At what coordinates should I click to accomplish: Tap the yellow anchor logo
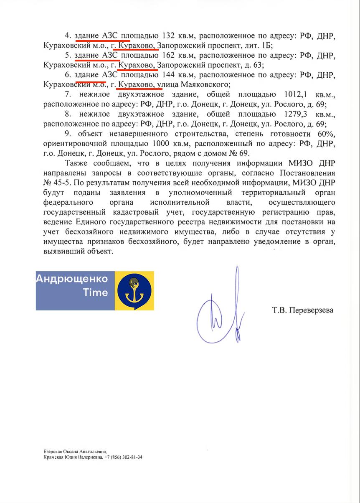pyautogui.click(x=134, y=291)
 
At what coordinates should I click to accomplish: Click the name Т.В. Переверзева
pyautogui.click(x=303, y=310)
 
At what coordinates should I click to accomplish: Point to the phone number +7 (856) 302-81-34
pyautogui.click(x=124, y=457)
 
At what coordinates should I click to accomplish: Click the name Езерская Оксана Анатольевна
pyautogui.click(x=75, y=452)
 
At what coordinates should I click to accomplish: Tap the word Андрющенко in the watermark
pyautogui.click(x=72, y=279)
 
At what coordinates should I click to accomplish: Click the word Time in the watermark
pyautogui.click(x=96, y=292)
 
